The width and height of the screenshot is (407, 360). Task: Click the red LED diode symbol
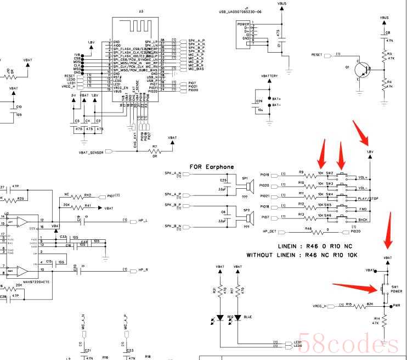tap(220, 318)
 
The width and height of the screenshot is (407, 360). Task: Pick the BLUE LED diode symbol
tap(237, 318)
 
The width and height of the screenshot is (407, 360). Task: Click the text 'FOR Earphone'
tap(211, 167)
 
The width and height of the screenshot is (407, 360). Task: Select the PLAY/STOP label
tap(368, 198)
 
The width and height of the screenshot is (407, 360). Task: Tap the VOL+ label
tap(363, 178)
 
